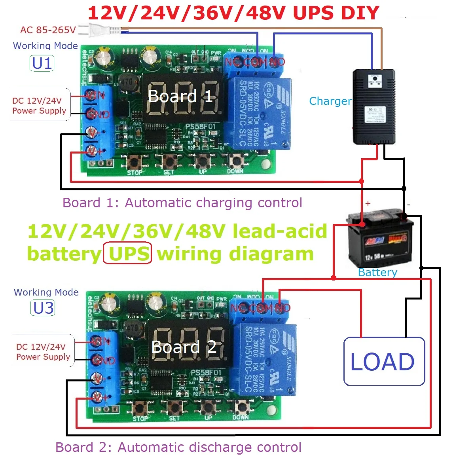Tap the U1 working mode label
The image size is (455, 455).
coord(42,63)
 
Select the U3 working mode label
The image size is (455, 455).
coord(43,308)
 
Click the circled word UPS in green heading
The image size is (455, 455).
coord(127,254)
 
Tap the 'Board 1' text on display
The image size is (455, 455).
coord(180,96)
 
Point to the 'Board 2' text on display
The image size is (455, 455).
coord(184,347)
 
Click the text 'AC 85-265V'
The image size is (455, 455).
coord(48,30)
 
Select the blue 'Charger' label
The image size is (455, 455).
coord(330,101)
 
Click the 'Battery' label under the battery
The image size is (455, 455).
coord(377,272)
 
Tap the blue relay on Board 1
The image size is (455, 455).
coord(260,113)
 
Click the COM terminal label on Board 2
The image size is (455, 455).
coord(260,308)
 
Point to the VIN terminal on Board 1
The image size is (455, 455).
coord(95,95)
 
